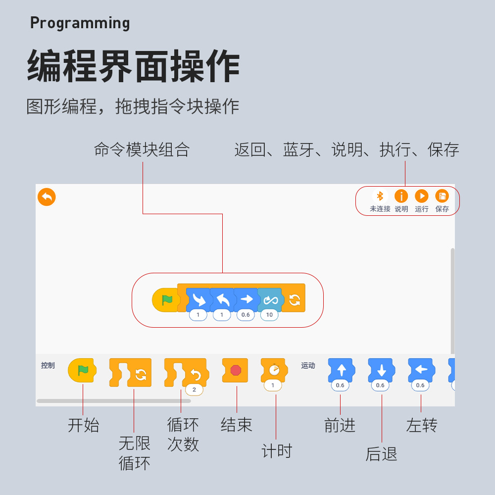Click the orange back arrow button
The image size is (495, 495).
(x=47, y=197)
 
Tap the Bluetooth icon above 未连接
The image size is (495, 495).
(x=380, y=196)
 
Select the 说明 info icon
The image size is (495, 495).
(x=401, y=196)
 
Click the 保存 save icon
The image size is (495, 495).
(x=442, y=196)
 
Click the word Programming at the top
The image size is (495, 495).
(x=80, y=23)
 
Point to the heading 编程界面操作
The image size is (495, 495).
(x=133, y=66)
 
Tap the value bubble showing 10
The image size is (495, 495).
(x=269, y=315)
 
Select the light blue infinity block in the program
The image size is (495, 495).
(x=270, y=299)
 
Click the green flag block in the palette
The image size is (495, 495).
(x=82, y=371)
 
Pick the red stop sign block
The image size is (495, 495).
(x=236, y=370)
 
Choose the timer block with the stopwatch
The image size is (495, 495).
(x=274, y=370)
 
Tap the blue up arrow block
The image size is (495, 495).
(x=341, y=370)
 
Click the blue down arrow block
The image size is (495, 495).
(x=381, y=370)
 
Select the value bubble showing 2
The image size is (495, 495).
(x=194, y=390)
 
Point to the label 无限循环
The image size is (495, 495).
(x=134, y=453)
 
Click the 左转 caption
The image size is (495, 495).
(x=422, y=425)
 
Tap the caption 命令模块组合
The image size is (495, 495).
(x=142, y=149)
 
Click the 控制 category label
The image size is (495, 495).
(x=48, y=366)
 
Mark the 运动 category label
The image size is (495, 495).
(x=308, y=366)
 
